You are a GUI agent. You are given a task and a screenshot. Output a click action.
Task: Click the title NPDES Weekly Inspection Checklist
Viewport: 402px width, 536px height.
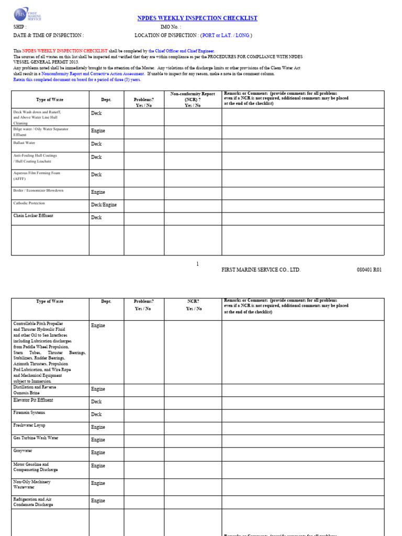point(197,18)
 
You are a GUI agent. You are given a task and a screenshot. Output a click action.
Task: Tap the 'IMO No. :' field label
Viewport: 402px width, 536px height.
point(171,27)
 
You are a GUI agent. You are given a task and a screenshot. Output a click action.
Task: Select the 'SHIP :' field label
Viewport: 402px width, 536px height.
point(20,27)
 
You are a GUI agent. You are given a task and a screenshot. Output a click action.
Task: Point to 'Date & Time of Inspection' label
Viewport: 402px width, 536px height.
point(48,35)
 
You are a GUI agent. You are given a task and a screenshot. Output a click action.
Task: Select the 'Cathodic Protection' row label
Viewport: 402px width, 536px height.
point(29,203)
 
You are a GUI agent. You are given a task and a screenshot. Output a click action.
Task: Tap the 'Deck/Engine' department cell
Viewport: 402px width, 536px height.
point(104,205)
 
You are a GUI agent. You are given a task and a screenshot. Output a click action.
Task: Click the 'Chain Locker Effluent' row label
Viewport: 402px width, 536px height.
point(33,216)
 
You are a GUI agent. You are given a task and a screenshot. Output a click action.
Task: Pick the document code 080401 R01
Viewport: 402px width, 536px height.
point(369,270)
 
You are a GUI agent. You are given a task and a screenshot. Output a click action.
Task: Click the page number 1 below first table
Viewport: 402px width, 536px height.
point(197,264)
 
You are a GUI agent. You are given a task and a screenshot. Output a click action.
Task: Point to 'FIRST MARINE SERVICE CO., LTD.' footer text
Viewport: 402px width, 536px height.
point(261,270)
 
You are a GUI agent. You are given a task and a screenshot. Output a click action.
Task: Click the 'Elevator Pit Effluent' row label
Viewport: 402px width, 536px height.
point(33,400)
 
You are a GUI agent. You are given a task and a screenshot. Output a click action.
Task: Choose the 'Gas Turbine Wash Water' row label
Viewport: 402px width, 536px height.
point(36,438)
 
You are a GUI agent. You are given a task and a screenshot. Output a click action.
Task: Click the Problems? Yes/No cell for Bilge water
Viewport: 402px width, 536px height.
point(143,132)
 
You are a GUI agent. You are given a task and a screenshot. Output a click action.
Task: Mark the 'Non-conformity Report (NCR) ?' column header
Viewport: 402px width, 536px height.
point(193,98)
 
